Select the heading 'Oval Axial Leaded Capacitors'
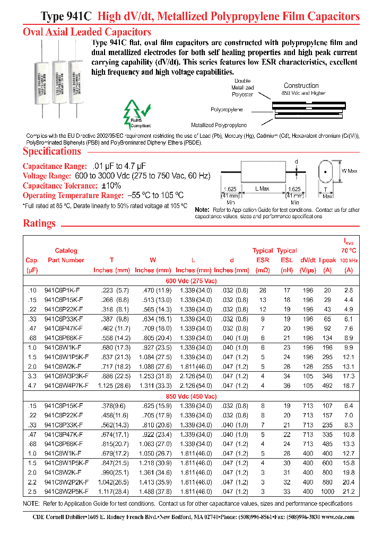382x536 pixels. point(87,32)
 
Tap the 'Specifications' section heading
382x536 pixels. point(52,151)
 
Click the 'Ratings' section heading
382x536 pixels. point(39,224)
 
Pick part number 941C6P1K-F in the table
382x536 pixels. point(66,290)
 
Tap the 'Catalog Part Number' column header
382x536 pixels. point(66,255)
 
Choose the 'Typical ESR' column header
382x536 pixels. point(262,255)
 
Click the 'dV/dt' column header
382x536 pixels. point(307,260)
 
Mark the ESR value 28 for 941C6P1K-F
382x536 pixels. point(262,290)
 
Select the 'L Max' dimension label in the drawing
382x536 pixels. point(262,189)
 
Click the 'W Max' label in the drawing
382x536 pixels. point(349,171)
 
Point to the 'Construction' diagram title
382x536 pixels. point(301,85)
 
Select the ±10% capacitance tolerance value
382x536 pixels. point(110,185)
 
